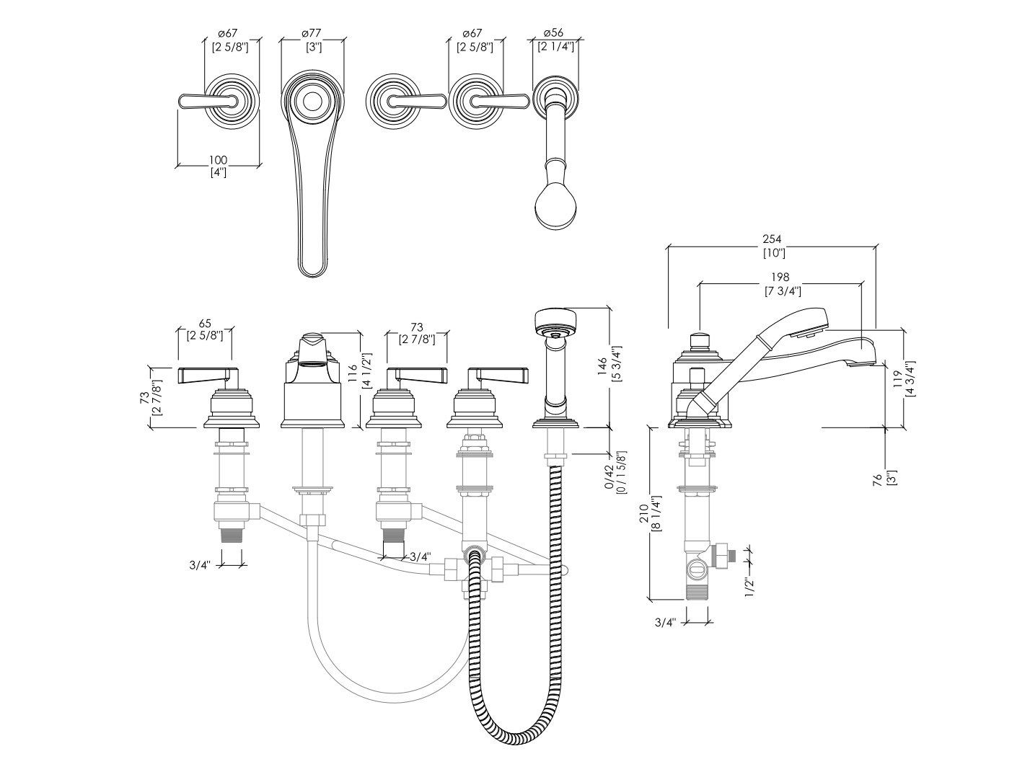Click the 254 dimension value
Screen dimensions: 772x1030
(x=773, y=239)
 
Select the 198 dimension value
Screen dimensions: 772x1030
(x=780, y=277)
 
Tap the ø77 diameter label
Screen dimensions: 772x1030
(x=312, y=32)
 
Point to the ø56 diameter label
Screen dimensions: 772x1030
(x=554, y=32)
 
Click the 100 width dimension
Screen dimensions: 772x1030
(x=218, y=159)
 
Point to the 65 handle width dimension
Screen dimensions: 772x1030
(x=204, y=322)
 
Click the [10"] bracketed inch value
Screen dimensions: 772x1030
(x=773, y=252)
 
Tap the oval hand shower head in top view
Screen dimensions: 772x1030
(x=555, y=208)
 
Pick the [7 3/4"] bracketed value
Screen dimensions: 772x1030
(x=782, y=290)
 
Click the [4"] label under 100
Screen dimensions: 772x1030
(x=218, y=172)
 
